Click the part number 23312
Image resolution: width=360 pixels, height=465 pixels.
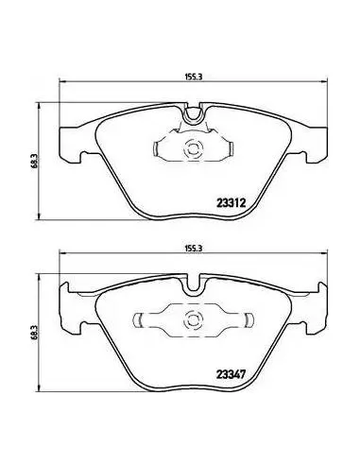tap(231, 202)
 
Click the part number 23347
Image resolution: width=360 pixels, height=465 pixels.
tap(231, 374)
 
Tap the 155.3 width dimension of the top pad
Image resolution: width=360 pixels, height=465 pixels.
tap(193, 77)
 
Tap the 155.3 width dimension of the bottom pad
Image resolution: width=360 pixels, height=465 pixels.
tap(193, 249)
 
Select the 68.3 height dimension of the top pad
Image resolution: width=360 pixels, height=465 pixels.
tap(35, 161)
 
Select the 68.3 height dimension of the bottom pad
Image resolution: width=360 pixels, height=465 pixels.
tap(35, 333)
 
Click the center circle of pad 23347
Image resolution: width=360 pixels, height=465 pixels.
tap(193, 319)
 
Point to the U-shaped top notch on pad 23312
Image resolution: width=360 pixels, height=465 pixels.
tap(193, 114)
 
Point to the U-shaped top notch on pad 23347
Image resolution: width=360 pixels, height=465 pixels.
tap(193, 285)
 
